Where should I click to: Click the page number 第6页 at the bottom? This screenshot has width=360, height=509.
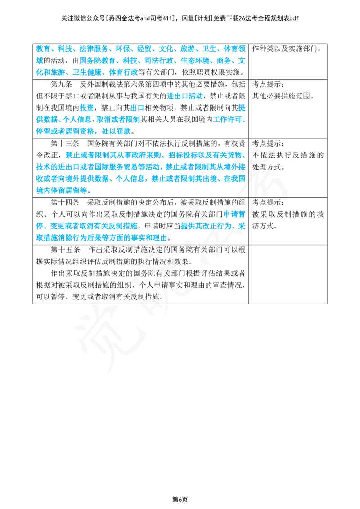pyautogui.click(x=180, y=499)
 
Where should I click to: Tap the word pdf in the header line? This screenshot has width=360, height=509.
pyautogui.click(x=294, y=18)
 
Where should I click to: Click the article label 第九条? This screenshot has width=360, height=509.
pyautogui.click(x=61, y=85)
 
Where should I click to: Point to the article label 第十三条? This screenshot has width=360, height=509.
pyautogui.click(x=65, y=143)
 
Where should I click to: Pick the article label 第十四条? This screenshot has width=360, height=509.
pyautogui.click(x=65, y=202)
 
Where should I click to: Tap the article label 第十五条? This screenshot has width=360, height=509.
pyautogui.click(x=65, y=250)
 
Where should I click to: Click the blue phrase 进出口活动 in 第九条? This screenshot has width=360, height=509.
pyautogui.click(x=184, y=96)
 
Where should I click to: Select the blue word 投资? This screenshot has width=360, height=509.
pyautogui.click(x=87, y=108)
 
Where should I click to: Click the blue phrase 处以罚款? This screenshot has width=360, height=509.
pyautogui.click(x=116, y=131)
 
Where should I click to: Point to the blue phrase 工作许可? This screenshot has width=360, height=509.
pyautogui.click(x=227, y=120)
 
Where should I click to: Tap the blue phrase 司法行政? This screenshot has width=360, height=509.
pyautogui.click(x=159, y=61)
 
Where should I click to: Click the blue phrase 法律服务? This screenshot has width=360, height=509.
pyautogui.click(x=94, y=49)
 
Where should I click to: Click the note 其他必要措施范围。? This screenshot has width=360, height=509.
pyautogui.click(x=283, y=96)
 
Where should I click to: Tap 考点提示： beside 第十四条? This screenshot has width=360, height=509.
pyautogui.click(x=268, y=202)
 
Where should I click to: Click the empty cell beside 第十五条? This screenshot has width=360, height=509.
pyautogui.click(x=288, y=274)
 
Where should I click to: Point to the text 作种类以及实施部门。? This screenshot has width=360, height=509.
pyautogui.click(x=287, y=49)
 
